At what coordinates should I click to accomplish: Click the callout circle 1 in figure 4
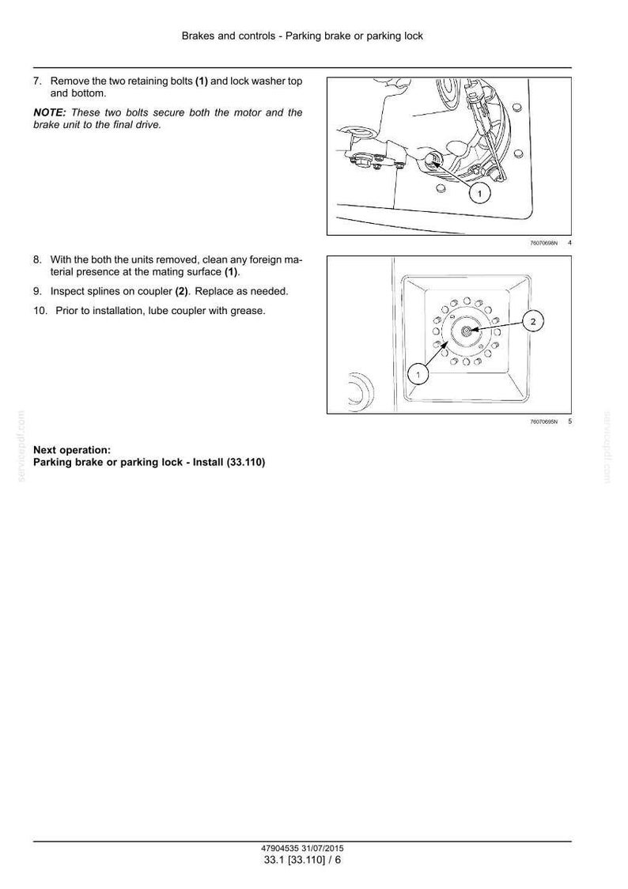point(479,194)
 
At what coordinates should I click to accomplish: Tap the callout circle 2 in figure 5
point(533,322)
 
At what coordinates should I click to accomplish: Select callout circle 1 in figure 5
point(418,374)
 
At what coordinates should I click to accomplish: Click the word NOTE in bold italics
point(50,113)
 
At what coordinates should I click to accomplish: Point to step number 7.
point(37,81)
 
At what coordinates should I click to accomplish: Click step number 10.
point(40,311)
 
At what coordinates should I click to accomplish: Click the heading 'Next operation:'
point(72,450)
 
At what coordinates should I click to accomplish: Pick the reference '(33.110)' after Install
point(246,462)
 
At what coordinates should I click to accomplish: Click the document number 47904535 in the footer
point(281,849)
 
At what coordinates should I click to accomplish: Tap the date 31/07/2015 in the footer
point(323,849)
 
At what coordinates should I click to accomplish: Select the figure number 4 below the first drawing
point(569,244)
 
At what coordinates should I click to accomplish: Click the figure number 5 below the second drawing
point(569,422)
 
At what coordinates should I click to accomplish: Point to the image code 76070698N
point(543,244)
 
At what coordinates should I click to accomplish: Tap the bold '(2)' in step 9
point(181,291)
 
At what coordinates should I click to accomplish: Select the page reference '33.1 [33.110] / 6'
point(303,860)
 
